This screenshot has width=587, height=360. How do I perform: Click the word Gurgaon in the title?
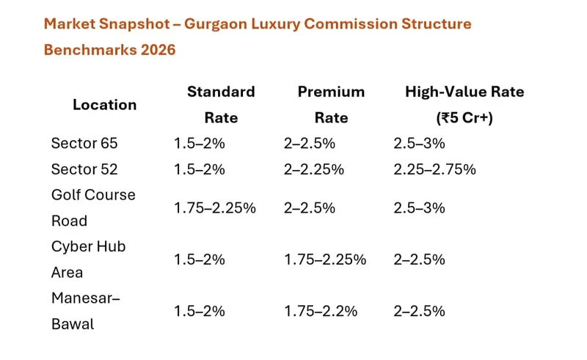216,25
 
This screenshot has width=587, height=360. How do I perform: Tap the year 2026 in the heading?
158,50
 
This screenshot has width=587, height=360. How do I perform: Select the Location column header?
104,105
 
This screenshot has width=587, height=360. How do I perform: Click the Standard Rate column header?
221,105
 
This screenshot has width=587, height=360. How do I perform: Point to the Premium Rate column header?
332,105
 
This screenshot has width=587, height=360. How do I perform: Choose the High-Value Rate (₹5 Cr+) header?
464,105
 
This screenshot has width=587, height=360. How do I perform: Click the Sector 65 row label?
84,143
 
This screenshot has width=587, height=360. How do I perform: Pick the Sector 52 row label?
84,169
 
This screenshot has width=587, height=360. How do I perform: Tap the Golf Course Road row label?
93,207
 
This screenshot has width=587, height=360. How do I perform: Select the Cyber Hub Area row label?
88,260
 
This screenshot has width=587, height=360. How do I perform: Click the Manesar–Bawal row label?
86,311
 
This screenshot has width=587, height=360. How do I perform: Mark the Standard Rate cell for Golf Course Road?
215,208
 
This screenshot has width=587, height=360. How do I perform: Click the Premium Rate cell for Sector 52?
314,169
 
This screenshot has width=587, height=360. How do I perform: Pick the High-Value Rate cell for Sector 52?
434,169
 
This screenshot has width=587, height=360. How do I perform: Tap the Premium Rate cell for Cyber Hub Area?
325,260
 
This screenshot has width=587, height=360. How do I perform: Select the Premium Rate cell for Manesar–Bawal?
321,312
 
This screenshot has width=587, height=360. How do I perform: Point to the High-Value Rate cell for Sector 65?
419,144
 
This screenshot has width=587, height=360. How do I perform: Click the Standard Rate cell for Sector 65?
200,144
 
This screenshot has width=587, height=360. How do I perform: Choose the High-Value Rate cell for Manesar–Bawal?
419,312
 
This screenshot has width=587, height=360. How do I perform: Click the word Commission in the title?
351,24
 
